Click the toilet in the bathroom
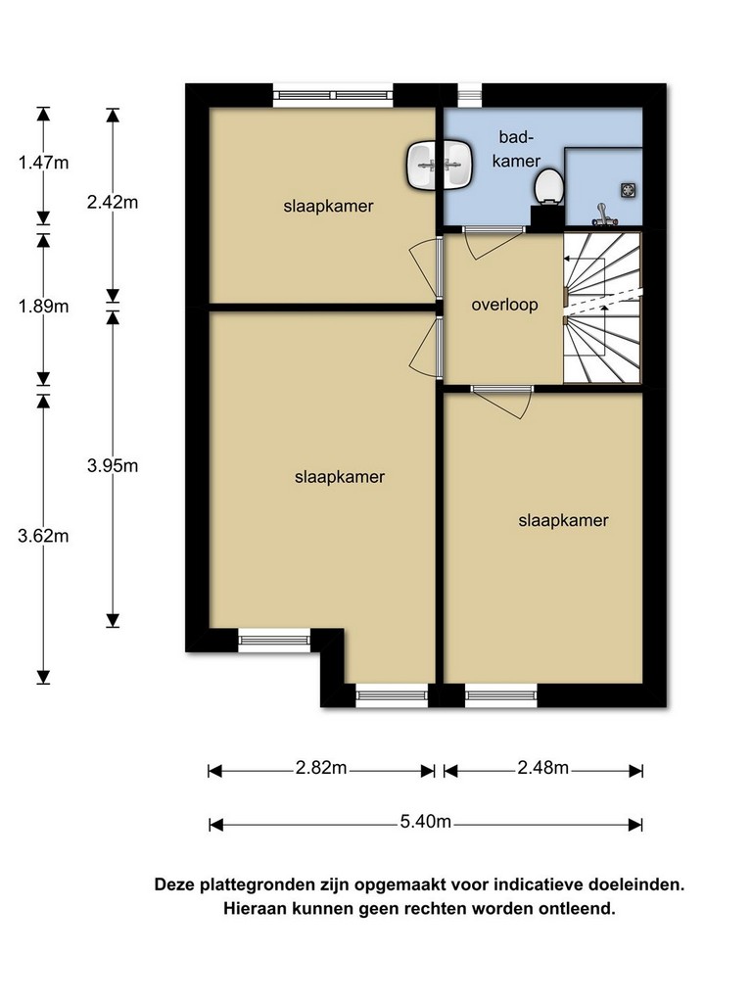[548, 187]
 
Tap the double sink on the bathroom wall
[440, 166]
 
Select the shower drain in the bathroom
[628, 189]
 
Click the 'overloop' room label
[504, 305]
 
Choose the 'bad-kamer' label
[517, 149]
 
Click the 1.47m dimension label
[43, 163]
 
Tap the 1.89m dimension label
[43, 307]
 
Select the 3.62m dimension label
[43, 536]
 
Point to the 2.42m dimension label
[113, 202]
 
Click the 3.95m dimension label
[113, 465]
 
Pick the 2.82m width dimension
[321, 767]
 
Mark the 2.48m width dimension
[542, 767]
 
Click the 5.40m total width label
[426, 821]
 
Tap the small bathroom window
[469, 95]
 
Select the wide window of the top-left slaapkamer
[333, 95]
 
